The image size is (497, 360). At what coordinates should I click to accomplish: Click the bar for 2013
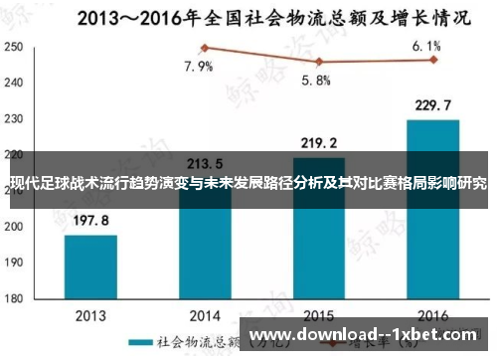[x=90, y=266]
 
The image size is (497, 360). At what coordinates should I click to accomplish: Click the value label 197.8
[x=90, y=221]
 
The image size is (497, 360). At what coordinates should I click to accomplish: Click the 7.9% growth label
[x=198, y=68]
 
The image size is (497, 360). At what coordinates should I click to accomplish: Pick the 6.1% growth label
[x=426, y=45]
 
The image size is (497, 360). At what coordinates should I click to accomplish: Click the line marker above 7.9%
[x=205, y=47]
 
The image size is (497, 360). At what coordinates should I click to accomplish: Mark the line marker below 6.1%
[x=433, y=60]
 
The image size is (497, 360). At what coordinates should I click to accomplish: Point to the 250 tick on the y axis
[x=14, y=47]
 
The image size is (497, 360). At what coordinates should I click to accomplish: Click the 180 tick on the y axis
[x=14, y=297]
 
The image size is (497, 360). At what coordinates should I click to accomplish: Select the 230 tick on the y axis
[x=14, y=118]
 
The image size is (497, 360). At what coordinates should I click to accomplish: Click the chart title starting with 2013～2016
[x=248, y=16]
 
